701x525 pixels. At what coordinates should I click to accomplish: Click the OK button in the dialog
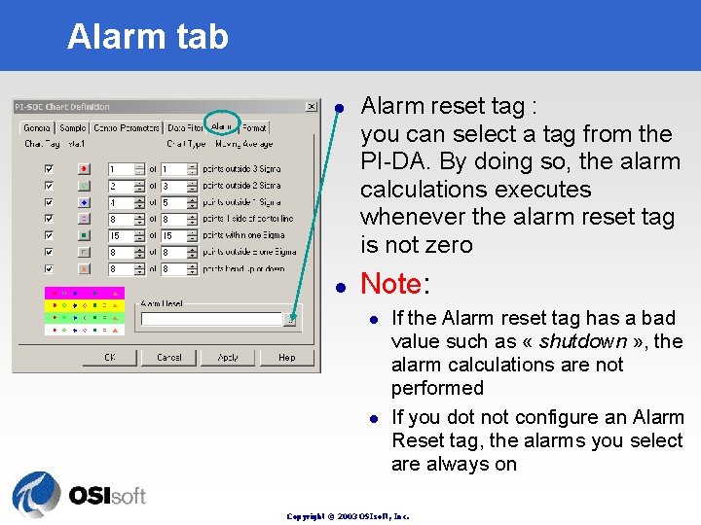coord(110,357)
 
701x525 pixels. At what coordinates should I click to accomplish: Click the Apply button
coord(228,357)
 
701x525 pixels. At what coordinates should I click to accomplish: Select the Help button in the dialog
coord(286,357)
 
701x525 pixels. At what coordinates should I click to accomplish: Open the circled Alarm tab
coord(221,127)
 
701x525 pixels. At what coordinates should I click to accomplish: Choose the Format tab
coord(253,127)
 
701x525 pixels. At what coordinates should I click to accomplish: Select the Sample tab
coord(72,127)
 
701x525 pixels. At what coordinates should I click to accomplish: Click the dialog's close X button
coord(311,107)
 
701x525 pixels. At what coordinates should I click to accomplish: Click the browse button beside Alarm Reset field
coord(289,318)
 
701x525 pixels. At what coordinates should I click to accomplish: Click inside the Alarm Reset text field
coord(209,318)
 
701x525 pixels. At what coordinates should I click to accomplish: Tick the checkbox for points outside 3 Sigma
coord(49,168)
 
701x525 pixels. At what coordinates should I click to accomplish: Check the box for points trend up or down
coord(49,268)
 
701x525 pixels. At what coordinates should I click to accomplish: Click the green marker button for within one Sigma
coord(84,235)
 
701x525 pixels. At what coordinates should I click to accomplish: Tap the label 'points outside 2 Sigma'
coord(241,185)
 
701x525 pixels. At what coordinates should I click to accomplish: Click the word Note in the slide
coord(390,284)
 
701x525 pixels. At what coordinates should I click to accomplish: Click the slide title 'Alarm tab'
coord(147,36)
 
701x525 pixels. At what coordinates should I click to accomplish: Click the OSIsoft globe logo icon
coord(36,495)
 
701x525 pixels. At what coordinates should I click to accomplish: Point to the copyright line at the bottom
coord(348,516)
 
